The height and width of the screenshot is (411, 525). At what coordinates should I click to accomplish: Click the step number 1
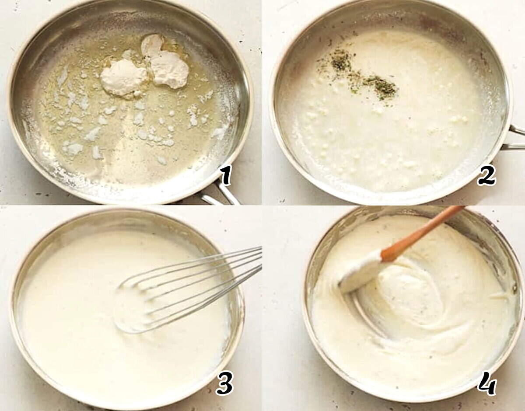click(225, 175)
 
